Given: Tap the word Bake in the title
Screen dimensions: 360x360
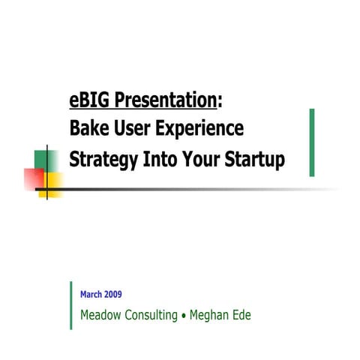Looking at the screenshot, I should tap(88, 129).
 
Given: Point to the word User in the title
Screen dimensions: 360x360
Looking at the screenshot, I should tap(129, 129).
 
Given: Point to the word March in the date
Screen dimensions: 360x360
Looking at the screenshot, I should tap(91, 294).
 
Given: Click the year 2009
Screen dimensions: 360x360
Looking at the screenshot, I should tap(113, 294).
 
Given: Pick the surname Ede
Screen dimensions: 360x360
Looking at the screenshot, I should tap(241, 315).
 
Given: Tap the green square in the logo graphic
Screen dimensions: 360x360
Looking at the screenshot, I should tap(42, 159).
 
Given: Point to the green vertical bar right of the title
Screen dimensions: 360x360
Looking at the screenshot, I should tap(312, 142).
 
